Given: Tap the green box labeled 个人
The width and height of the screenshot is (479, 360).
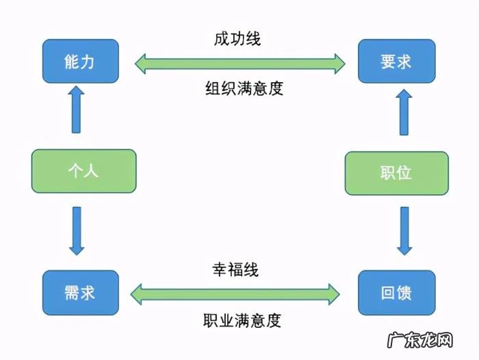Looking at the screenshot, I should [x=83, y=170].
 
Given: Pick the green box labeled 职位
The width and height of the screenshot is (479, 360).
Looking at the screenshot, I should [x=396, y=172].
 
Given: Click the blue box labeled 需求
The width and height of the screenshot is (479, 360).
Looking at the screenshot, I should [x=81, y=294].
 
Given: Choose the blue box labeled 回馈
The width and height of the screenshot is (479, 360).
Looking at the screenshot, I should [x=396, y=294].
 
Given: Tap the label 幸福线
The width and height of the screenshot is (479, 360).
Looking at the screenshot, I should [x=235, y=269].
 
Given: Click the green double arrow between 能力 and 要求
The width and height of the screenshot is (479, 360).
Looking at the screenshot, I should [x=239, y=64].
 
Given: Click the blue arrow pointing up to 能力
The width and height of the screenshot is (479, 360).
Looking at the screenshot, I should [x=77, y=110].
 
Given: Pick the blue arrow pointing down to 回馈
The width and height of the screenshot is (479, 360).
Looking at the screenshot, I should [x=404, y=231].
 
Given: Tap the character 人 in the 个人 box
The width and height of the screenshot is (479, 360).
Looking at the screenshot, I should [x=92, y=170].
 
